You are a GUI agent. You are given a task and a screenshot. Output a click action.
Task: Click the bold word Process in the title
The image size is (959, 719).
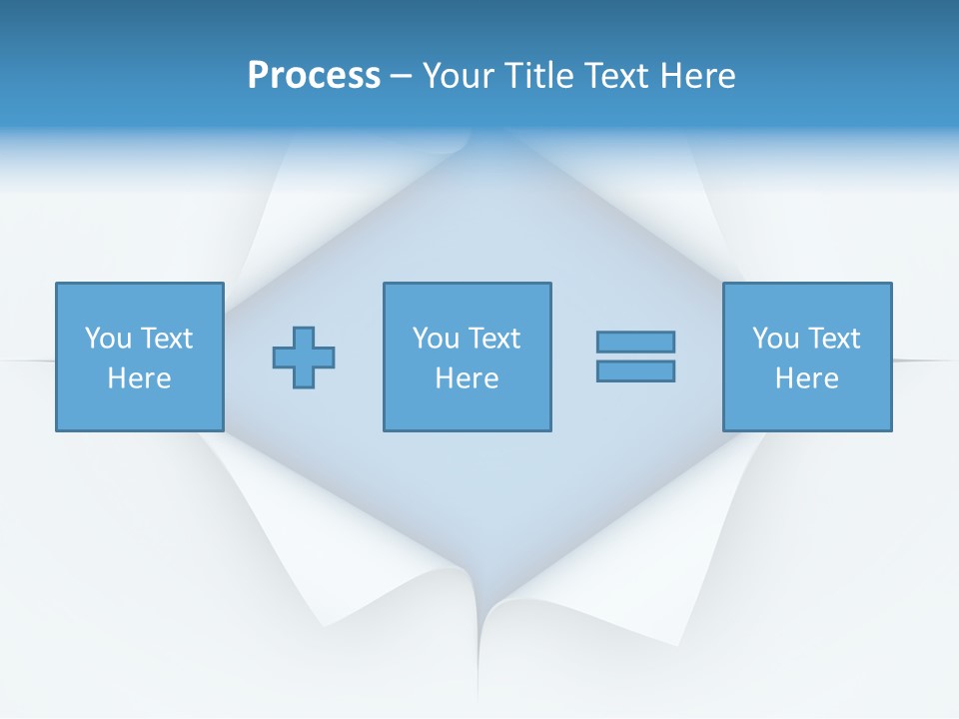point(314,76)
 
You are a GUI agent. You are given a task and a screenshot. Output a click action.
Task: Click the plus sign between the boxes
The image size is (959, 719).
point(304,358)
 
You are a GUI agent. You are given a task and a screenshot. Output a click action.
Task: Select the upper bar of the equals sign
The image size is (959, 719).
point(635,342)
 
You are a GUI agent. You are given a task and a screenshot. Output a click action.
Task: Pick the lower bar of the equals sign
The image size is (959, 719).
point(635,371)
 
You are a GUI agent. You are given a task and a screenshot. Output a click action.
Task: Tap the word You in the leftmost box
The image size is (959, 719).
point(108,339)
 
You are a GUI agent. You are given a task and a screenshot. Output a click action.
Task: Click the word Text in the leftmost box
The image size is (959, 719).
point(166,339)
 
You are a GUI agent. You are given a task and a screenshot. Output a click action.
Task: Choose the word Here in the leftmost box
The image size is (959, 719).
point(140,378)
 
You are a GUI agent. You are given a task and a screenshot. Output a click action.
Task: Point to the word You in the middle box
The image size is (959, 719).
point(436,339)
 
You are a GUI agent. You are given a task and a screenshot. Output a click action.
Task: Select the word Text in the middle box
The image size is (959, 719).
point(493,339)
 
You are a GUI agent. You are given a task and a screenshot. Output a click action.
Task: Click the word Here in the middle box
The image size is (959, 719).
point(468,378)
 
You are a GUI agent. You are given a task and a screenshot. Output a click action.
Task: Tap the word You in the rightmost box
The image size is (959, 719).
point(775,339)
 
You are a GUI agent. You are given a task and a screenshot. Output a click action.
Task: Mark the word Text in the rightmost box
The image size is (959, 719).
point(833,339)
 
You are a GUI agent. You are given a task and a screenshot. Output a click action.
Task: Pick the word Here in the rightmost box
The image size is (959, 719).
point(807,378)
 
